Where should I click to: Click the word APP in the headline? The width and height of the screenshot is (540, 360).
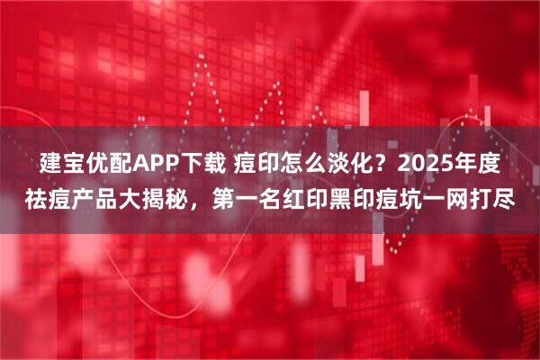156,166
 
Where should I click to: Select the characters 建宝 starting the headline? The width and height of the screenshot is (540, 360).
64,166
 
